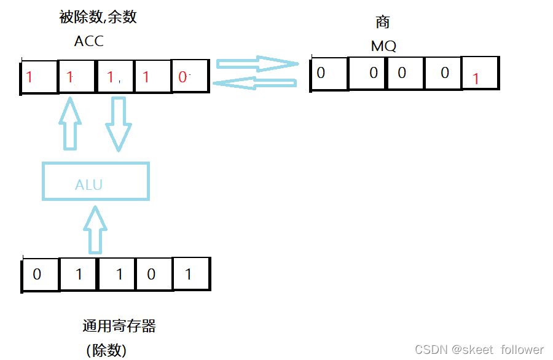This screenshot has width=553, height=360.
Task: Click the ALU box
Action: [95, 181]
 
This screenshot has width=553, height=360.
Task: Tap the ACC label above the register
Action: [89, 41]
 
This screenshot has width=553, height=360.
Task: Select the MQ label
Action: [383, 46]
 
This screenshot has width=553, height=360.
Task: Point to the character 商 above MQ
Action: [383, 23]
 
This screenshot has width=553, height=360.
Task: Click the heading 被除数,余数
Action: [98, 17]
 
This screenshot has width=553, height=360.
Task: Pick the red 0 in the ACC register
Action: [183, 77]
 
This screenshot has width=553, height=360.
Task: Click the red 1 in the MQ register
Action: [475, 79]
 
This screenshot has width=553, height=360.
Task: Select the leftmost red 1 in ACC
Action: [29, 77]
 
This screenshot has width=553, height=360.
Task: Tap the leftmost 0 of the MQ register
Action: [321, 73]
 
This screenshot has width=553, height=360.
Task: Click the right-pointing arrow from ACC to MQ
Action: [255, 63]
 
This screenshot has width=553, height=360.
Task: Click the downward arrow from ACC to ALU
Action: [119, 123]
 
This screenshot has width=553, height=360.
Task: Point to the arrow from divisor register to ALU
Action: [95, 229]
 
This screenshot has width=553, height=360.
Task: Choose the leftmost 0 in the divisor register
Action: [37, 274]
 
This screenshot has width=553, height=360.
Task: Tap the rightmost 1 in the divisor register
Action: [188, 274]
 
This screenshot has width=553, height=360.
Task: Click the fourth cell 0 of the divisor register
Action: [151, 274]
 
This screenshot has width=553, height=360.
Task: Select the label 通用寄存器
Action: [119, 326]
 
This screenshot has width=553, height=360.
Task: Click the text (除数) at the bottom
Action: [106, 350]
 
